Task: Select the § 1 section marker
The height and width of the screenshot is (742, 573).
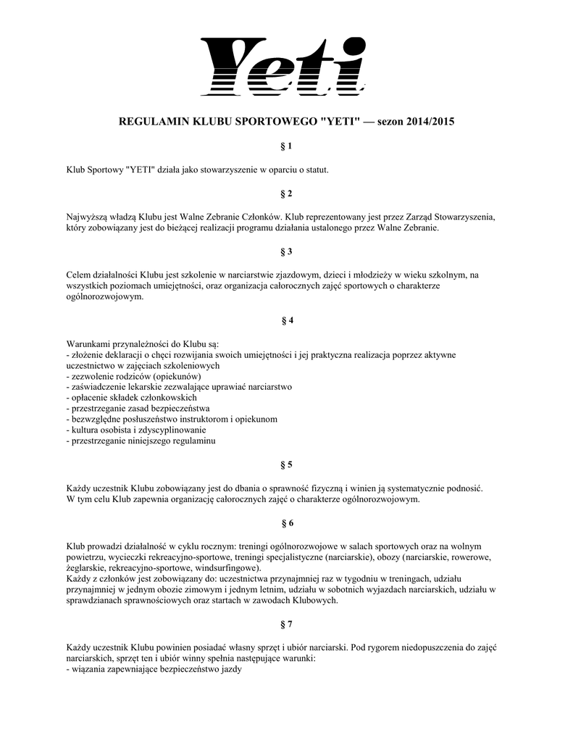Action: (x=286, y=146)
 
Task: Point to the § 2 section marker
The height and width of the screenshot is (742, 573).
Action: (x=286, y=193)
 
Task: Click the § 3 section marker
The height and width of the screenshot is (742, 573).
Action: (x=286, y=251)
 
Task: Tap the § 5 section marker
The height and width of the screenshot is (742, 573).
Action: (x=286, y=464)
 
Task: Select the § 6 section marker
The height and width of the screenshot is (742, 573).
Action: (x=286, y=522)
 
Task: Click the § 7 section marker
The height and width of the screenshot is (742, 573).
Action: (x=286, y=623)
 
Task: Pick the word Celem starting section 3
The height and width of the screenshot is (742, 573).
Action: (x=78, y=275)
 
